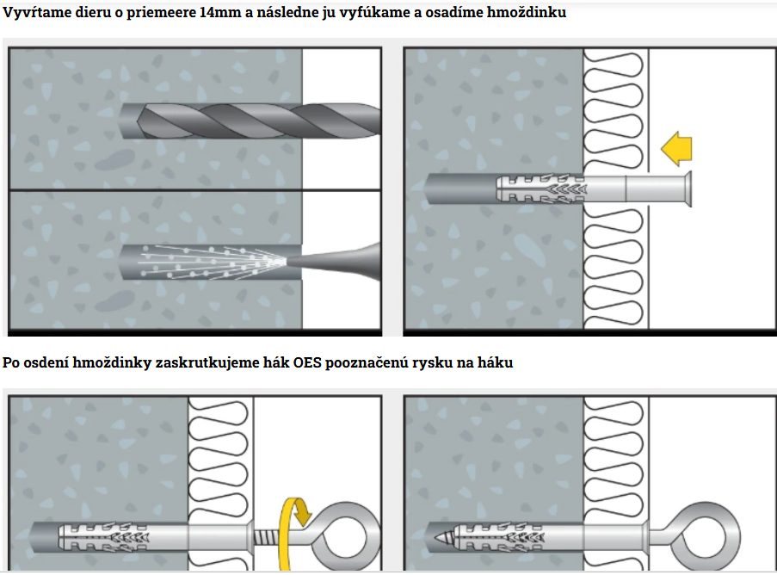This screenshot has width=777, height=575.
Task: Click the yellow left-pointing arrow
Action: (x=676, y=149)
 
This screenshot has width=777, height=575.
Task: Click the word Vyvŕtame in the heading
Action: (x=34, y=14)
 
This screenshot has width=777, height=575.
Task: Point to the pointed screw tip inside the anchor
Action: (x=441, y=536)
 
